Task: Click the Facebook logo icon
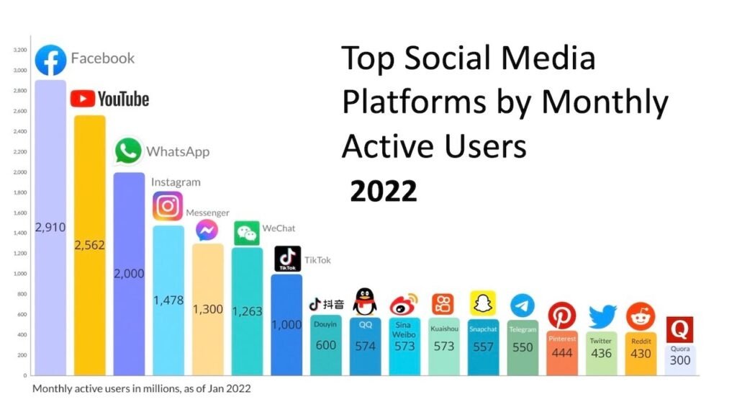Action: tap(51, 61)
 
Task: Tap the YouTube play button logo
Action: tap(83, 99)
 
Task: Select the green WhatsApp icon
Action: tap(128, 151)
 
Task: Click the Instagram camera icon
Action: tap(168, 206)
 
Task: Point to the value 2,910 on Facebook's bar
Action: tap(50, 228)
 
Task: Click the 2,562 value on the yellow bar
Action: tap(90, 245)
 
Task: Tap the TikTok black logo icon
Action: tap(288, 259)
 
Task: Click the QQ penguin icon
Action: tap(366, 301)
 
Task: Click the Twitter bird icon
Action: tap(602, 317)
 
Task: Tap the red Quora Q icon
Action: tap(679, 330)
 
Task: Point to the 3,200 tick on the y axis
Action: tap(19, 50)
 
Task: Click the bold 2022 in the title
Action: tap(383, 191)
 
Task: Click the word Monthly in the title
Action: tap(605, 103)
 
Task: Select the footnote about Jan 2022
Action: tap(141, 388)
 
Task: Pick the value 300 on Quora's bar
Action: tap(679, 360)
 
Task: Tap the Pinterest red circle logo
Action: tap(562, 316)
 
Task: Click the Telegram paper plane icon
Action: tap(523, 305)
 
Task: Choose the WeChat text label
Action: tap(279, 228)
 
